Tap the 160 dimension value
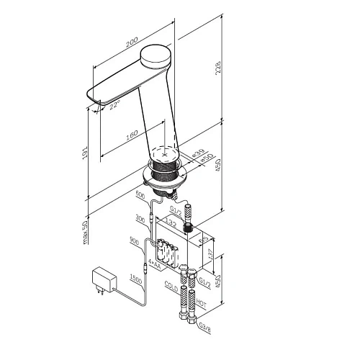(131, 135)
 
